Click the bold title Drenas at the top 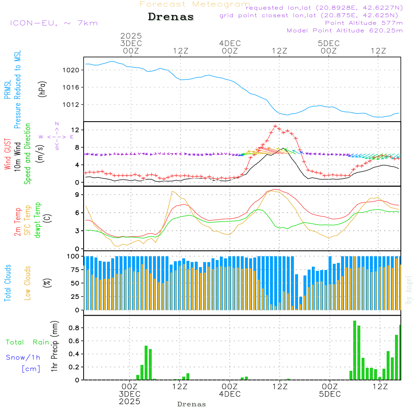[x=171, y=17]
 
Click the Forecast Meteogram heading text [x=195, y=4]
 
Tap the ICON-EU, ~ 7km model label [x=54, y=23]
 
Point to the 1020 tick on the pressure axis [x=73, y=70]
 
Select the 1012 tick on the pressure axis [x=73, y=104]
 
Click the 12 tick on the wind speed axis [x=75, y=130]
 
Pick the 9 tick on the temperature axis [x=77, y=194]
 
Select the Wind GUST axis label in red [x=8, y=155]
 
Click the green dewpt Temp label [x=38, y=220]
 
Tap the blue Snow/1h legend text [x=23, y=357]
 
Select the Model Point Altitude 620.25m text [x=344, y=31]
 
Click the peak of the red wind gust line [x=275, y=125]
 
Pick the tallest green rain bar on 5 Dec [x=354, y=350]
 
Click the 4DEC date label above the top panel [x=230, y=43]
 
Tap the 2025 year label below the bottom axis [x=130, y=401]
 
